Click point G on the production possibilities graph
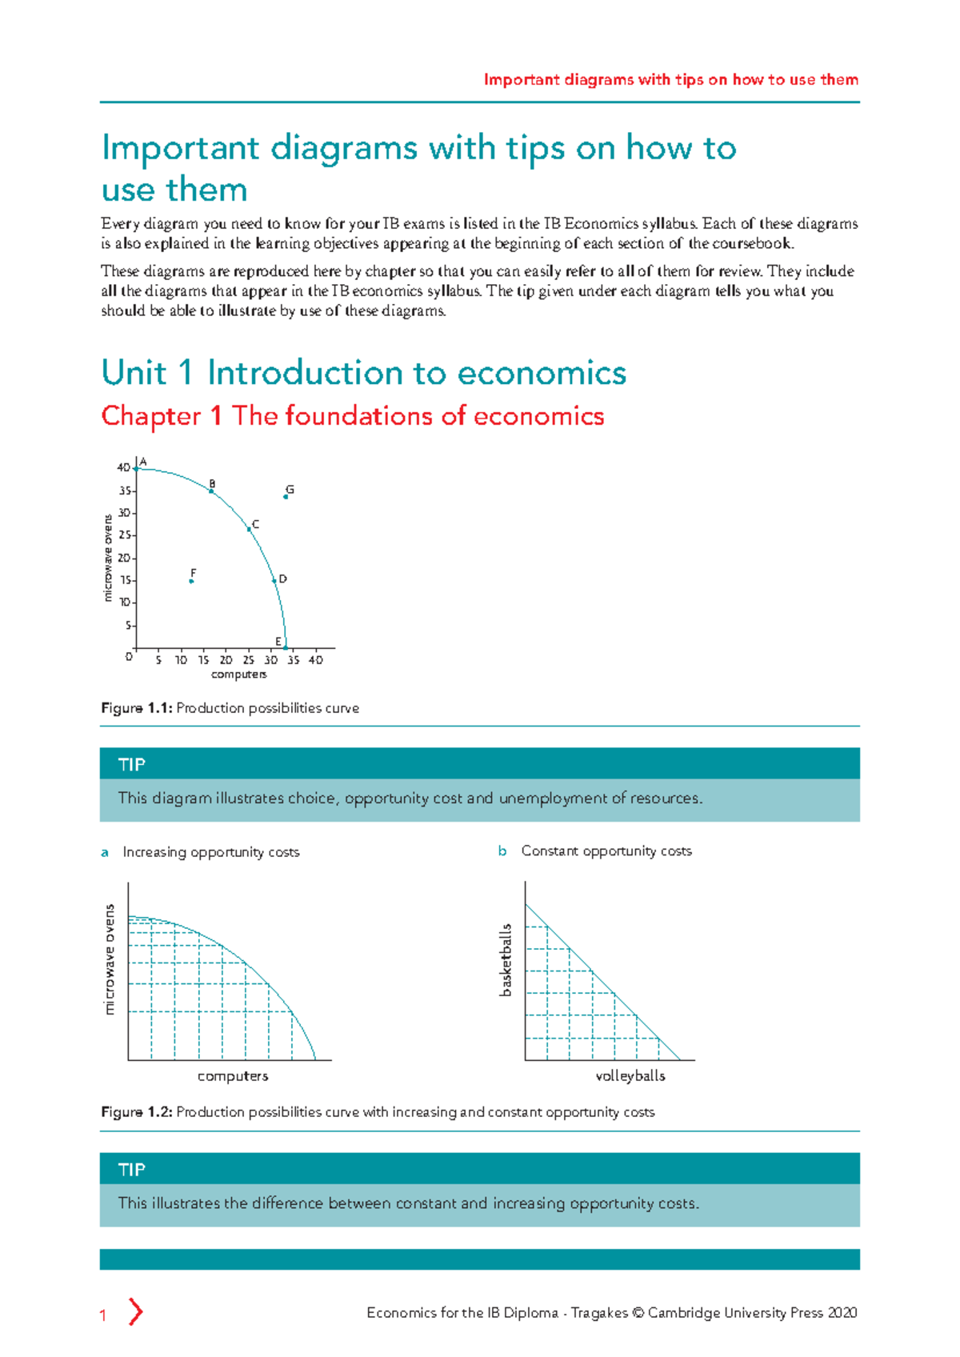(286, 497)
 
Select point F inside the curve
(191, 581)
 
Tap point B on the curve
(211, 491)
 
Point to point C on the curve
(249, 529)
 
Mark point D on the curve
(274, 580)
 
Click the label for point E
(278, 641)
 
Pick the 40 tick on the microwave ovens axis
(123, 467)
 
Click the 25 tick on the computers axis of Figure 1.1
(249, 660)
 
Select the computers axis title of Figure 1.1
(238, 674)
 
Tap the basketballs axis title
(505, 960)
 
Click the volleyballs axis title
(630, 1076)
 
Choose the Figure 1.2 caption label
(136, 1112)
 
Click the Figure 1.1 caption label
(136, 708)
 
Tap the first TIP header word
(132, 765)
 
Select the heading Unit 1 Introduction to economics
(363, 373)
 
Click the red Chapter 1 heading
(352, 416)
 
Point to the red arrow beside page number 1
(136, 1312)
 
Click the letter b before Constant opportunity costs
(502, 851)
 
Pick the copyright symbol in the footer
(638, 1313)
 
